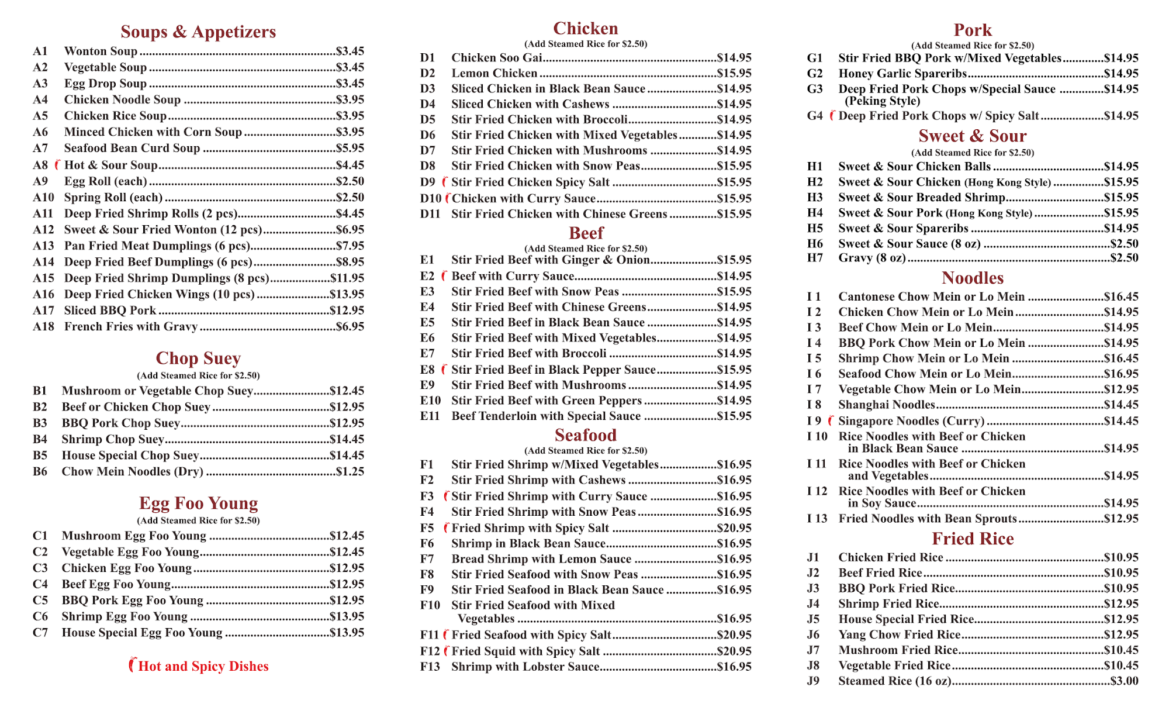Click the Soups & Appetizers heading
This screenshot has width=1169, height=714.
[x=198, y=32]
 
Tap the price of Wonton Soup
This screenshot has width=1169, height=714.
[x=350, y=51]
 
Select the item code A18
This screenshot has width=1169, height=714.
[x=43, y=327]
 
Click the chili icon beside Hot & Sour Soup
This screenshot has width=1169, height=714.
[x=57, y=165]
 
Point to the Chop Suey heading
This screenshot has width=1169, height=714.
[x=198, y=358]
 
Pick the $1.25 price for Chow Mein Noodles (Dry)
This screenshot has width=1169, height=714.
[x=350, y=472]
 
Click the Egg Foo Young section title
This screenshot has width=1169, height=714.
[x=198, y=503]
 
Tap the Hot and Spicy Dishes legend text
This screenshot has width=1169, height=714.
[x=203, y=666]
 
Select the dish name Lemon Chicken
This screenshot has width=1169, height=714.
[x=494, y=74]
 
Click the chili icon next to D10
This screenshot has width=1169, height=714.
[x=448, y=198]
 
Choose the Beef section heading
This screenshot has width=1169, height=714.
[x=586, y=233]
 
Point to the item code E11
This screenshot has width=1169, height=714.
[x=430, y=416]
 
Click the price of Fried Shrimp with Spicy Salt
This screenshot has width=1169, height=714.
[x=734, y=528]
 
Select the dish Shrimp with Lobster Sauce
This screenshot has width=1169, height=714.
[x=525, y=667]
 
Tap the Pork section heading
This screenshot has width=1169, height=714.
[x=973, y=30]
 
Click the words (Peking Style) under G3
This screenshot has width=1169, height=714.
[x=883, y=101]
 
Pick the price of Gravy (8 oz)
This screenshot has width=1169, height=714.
[x=1124, y=258]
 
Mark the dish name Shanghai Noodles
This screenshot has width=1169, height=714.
[x=887, y=405]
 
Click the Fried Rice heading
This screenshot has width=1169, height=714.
[x=973, y=539]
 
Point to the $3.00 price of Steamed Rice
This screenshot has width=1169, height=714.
[x=1124, y=681]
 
